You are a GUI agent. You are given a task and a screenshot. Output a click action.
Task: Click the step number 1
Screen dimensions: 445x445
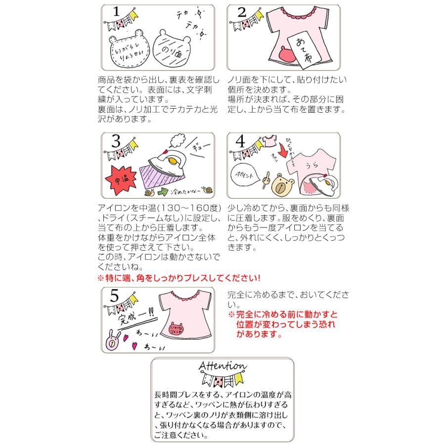coord(116,12)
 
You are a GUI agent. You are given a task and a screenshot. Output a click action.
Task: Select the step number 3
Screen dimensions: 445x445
coord(116,142)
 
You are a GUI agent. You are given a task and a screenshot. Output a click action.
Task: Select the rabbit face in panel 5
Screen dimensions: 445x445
coord(112,341)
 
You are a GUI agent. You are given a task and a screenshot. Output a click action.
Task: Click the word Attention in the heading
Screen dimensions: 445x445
coord(222,366)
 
